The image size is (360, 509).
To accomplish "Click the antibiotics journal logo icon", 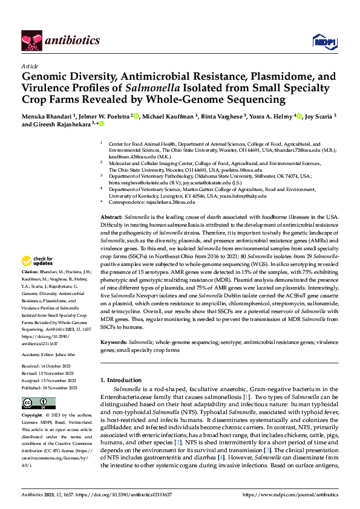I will (x=31, y=41).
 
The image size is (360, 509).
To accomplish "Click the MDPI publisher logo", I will (x=322, y=41).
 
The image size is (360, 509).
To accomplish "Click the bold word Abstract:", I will (x=111, y=216).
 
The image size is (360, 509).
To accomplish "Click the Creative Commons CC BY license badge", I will (x=38, y=403).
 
